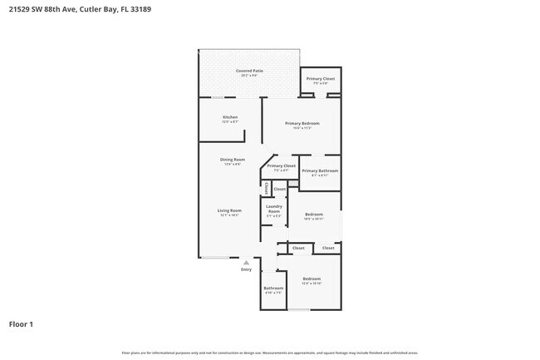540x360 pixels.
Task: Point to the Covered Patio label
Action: coord(249,72)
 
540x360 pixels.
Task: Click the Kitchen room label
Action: coord(230,117)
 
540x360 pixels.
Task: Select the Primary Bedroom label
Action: coord(302,123)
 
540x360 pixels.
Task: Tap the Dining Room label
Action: coord(232,160)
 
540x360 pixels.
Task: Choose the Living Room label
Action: coord(229,211)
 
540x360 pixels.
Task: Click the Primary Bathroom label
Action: coord(320,170)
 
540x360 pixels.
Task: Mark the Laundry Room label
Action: coord(274,209)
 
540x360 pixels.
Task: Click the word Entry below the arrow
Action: coord(246,269)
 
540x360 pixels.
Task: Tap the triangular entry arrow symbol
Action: coord(246,262)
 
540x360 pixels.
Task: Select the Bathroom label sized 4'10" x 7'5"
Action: coord(273,288)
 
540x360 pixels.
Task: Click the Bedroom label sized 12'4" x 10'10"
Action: coord(312,279)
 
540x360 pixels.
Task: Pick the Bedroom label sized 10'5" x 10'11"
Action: coord(313,215)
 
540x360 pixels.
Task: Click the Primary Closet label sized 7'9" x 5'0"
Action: coord(320,79)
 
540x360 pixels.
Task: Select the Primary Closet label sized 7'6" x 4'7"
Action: coord(282,165)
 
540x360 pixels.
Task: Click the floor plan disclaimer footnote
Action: coord(269,353)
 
